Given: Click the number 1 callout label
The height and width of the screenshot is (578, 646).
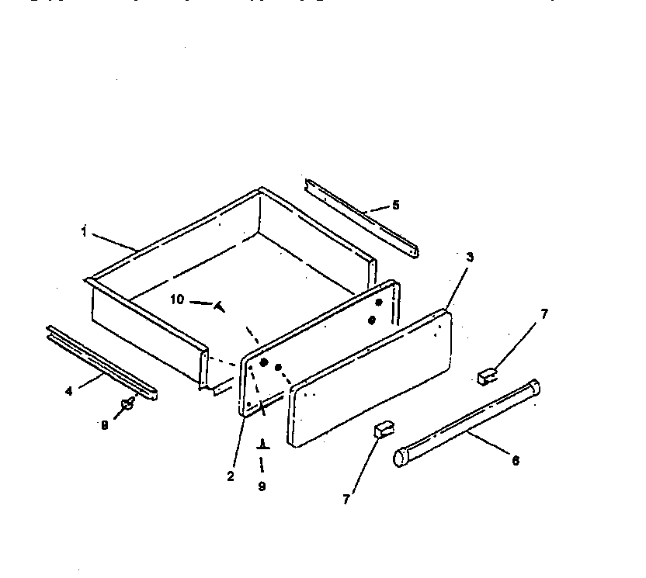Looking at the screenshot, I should [84, 230].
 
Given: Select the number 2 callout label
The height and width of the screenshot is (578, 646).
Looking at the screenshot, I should [231, 476].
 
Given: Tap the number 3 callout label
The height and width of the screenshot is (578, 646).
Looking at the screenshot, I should [470, 257].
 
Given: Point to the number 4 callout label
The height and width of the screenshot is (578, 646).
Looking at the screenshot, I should [68, 391].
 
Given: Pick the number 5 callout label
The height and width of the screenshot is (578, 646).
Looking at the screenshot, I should [395, 205].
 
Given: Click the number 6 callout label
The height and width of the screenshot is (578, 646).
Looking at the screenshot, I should [516, 460].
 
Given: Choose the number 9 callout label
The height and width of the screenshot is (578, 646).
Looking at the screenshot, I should [262, 486].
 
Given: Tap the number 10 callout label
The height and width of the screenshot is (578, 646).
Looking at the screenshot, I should [177, 299].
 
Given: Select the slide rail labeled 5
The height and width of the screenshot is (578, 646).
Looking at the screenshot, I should [361, 217].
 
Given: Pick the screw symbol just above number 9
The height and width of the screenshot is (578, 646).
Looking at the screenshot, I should [262, 445].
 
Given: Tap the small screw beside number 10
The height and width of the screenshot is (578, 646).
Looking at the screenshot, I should [220, 306].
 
